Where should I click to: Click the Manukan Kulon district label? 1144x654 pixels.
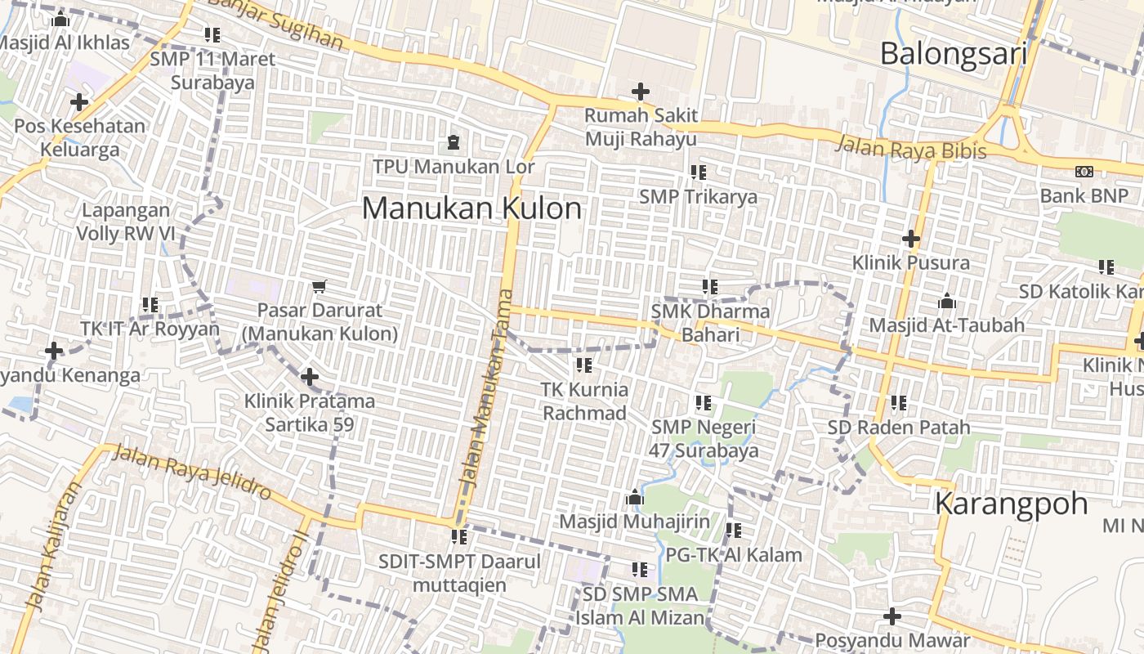click(x=471, y=208)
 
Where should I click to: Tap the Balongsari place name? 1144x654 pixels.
click(x=953, y=54)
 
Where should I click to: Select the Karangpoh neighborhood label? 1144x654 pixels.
click(x=1012, y=503)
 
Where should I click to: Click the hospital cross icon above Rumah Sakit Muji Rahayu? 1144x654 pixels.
click(x=641, y=92)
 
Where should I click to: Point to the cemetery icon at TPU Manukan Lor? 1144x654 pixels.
click(x=453, y=143)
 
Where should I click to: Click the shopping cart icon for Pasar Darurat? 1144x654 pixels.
click(x=320, y=286)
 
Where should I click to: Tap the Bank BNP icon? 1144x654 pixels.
click(x=1084, y=172)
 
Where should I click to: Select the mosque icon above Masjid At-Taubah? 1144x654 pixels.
click(x=947, y=302)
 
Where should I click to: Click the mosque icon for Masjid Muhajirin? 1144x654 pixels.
click(x=635, y=497)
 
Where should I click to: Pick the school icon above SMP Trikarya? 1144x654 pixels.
click(x=699, y=172)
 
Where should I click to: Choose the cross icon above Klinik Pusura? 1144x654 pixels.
click(x=911, y=239)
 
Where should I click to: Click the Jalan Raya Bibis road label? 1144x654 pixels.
click(x=910, y=149)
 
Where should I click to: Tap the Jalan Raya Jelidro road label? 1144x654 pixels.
click(x=192, y=473)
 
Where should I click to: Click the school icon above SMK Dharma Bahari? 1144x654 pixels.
click(x=710, y=287)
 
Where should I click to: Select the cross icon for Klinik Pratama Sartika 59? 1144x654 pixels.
click(x=310, y=377)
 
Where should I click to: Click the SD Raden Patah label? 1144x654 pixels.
click(x=899, y=428)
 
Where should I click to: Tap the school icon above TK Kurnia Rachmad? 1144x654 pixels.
click(x=584, y=365)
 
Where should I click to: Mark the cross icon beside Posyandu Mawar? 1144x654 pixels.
click(x=892, y=616)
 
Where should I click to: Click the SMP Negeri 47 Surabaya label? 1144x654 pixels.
click(x=704, y=438)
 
